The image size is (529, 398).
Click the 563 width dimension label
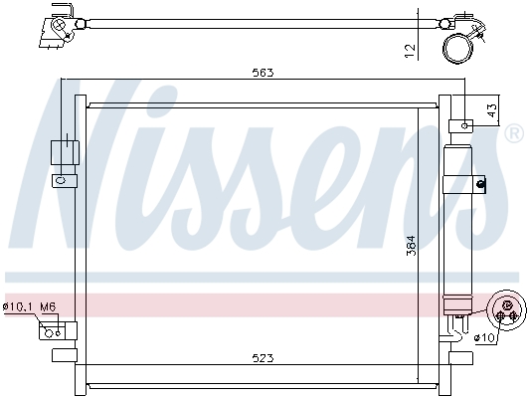264,73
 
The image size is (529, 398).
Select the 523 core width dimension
264,357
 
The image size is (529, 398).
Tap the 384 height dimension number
412,246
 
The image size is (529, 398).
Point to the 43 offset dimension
492,110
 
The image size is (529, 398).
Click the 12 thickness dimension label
410,51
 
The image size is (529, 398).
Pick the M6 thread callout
48,306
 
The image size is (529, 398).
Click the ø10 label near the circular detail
484,337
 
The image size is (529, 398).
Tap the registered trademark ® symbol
513,134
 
